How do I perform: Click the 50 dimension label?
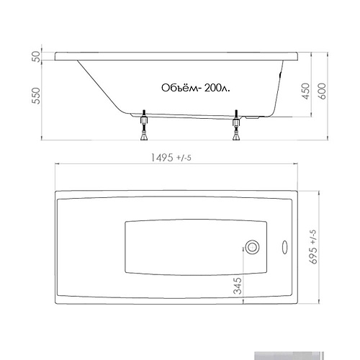tap(36, 57)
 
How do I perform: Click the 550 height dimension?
tap(36, 96)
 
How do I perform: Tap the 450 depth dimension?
tap(306, 91)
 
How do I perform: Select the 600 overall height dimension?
tap(322, 91)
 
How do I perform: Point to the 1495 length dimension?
tap(162, 158)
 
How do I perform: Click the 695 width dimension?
tap(313, 256)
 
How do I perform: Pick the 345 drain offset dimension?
tap(238, 286)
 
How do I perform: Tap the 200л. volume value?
tap(217, 88)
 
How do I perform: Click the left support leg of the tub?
tap(144, 125)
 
